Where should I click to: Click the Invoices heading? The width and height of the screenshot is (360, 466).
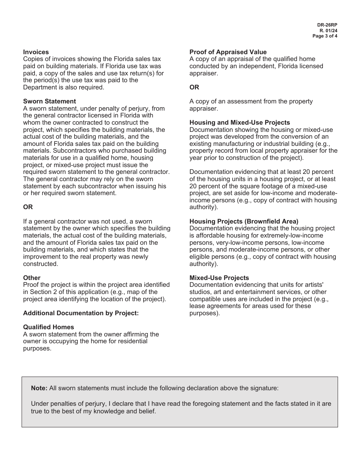[x=36, y=52]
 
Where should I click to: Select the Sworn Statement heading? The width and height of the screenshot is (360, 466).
[x=49, y=101]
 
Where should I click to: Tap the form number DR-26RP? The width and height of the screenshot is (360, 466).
[x=327, y=25]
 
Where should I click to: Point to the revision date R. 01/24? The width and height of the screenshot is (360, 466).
[x=329, y=30]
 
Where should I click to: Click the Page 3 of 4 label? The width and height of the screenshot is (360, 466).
[x=325, y=36]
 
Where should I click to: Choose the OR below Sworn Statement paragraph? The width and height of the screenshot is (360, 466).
[x=28, y=207]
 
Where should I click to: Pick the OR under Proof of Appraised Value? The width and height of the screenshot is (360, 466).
[x=194, y=87]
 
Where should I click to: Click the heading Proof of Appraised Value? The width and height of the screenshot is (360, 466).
[x=228, y=52]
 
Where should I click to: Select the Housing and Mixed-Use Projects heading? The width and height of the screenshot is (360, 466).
[x=239, y=122]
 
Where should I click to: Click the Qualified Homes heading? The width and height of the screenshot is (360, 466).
[x=49, y=327]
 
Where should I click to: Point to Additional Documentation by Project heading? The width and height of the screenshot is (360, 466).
[x=81, y=313]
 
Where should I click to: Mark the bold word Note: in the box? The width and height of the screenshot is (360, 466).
[x=39, y=388]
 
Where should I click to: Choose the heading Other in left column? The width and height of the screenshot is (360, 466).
[x=31, y=278]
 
